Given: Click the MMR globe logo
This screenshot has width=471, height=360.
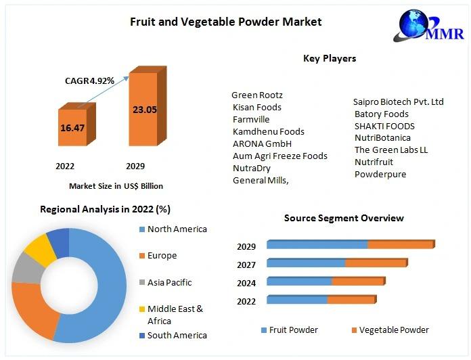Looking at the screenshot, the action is pos(428,26).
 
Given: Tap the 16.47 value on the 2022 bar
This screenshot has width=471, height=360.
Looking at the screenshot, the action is pos(72,128).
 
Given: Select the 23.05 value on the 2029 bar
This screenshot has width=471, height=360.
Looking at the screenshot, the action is pos(145,110).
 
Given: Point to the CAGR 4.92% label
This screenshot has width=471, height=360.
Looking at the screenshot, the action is pos(89,81).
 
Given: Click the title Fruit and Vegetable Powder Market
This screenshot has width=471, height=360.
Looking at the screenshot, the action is pos(226,22).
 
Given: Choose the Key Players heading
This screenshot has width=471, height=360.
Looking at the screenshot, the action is pos(330,58).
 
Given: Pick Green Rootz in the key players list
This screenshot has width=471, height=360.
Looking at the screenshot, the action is pos(257,95).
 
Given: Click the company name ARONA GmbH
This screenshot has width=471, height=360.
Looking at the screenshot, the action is pos(263,144).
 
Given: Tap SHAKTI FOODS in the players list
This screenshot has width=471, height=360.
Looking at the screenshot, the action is pos(384,126).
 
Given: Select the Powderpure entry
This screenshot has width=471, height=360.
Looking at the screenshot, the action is pos(380,175).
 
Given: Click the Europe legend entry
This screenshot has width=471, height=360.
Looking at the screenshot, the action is pos(158,256).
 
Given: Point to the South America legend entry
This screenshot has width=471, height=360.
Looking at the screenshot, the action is pos(173,336).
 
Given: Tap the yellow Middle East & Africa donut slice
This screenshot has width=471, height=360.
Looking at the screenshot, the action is pos(40,248).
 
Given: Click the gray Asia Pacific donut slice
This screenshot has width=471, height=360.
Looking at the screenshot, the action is pos(28,268).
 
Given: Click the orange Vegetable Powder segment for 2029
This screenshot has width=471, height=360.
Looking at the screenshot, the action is pos(401,245).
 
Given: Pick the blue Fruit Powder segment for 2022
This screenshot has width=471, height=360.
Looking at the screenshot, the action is pos(297,300).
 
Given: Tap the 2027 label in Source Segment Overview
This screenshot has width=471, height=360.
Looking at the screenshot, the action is pos(246,265).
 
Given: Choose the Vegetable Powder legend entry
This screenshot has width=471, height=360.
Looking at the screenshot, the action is pos(390,330).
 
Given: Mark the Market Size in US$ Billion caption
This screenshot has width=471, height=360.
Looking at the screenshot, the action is pos(116,186).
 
